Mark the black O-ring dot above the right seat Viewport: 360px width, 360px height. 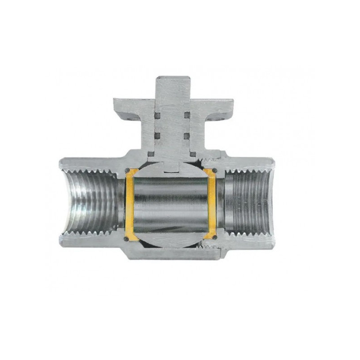coord(215,170)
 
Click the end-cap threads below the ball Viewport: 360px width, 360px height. coord(208,246)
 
